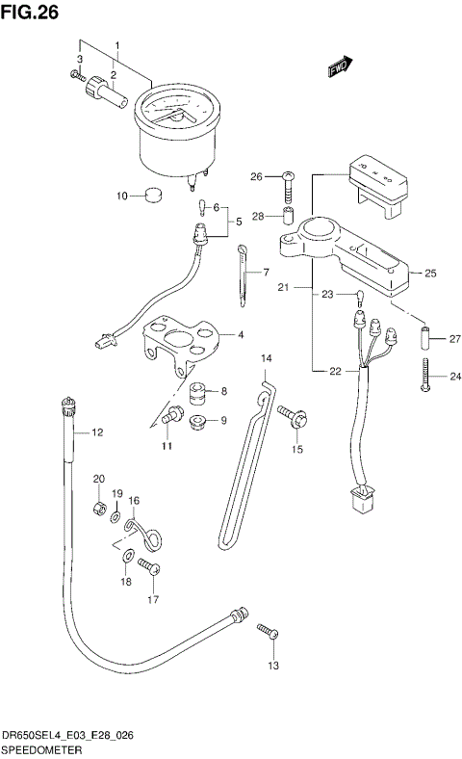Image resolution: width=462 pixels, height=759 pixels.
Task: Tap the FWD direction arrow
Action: [x=340, y=66]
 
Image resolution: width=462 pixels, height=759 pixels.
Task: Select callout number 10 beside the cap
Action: [x=122, y=196]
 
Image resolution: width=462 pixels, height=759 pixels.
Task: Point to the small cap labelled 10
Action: [x=150, y=196]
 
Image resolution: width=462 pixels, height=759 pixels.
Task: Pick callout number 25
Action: [x=430, y=273]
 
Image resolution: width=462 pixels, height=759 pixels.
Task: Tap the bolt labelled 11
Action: [x=172, y=417]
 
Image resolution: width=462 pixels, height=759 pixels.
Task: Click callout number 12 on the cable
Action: [x=97, y=433]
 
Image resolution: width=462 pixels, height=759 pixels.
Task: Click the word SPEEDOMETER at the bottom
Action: [x=41, y=747]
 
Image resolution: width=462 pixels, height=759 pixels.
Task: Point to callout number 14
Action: [x=267, y=358]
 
